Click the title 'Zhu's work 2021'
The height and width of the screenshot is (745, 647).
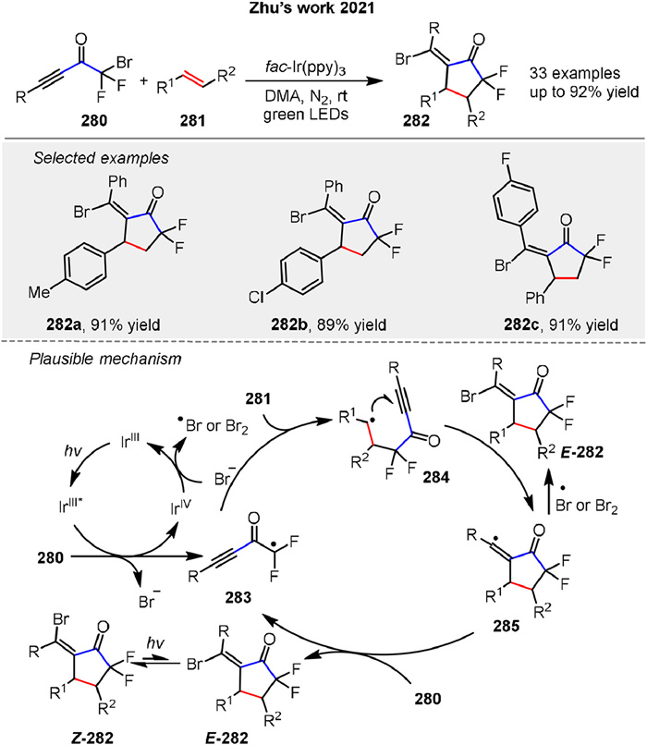(x=323, y=12)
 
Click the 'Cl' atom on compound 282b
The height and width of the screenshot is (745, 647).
(x=254, y=299)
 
